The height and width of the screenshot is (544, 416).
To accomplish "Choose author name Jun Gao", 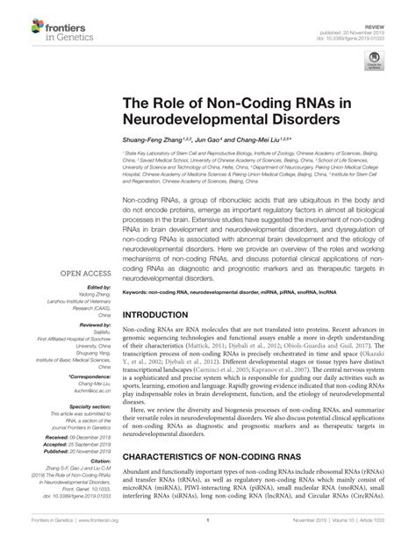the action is [204, 140].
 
